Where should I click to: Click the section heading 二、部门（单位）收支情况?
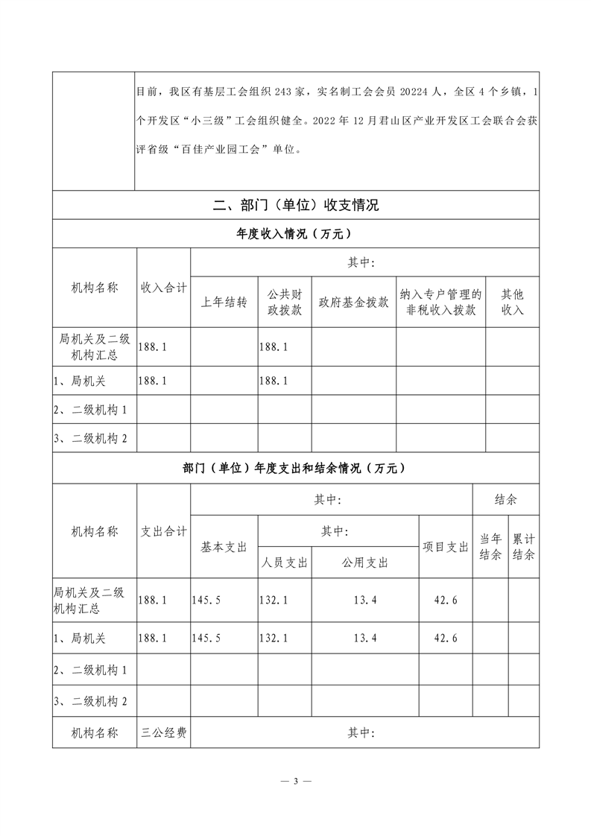point(296,205)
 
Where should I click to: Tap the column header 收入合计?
point(164,288)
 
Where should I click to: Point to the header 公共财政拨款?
point(284,302)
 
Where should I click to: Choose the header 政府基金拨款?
point(353,302)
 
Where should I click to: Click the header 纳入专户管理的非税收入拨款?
point(440,302)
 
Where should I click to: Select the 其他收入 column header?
point(512,302)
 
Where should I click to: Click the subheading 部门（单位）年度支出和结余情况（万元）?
point(296,469)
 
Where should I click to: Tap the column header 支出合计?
point(164,531)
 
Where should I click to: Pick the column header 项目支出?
point(446,546)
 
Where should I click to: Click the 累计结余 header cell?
point(523,546)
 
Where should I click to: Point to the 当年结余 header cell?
point(490,546)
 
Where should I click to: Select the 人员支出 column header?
point(285,563)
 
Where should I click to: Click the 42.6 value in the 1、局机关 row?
point(445,638)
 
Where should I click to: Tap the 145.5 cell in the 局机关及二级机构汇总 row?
point(206,599)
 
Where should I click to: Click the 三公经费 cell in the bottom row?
point(164,732)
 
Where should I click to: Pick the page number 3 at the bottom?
point(296,781)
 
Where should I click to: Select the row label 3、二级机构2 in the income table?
point(91,439)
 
